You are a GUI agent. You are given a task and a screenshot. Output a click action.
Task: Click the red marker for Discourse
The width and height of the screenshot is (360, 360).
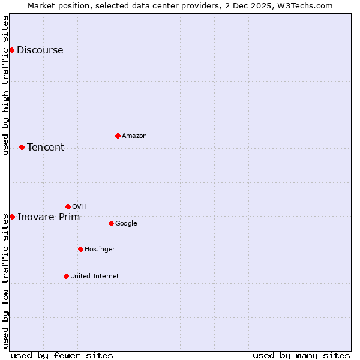coord(11,50)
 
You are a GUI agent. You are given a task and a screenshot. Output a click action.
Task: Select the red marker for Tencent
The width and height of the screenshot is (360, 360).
coord(22,147)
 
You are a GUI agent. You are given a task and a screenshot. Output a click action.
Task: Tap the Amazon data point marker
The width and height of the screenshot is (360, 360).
coord(118,136)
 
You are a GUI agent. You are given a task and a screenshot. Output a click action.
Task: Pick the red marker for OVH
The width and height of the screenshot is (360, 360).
coord(68,206)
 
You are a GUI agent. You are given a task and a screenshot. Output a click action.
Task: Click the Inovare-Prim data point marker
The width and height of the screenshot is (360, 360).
coord(12,217)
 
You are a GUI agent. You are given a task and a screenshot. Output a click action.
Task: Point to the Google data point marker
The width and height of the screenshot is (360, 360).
coord(111,223)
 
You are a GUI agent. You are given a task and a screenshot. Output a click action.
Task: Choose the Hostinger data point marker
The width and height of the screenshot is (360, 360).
coord(80,249)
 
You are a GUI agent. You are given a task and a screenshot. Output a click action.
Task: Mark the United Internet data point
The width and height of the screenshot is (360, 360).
coord(66,276)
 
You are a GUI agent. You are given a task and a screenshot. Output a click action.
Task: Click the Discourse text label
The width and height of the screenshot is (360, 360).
coord(40,50)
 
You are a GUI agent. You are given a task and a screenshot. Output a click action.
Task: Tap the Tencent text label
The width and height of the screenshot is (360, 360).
coord(46,147)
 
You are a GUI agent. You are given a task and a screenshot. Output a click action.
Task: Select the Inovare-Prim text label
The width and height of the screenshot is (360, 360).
coord(49,217)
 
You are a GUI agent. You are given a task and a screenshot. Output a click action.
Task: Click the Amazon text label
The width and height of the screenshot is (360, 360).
coord(134,136)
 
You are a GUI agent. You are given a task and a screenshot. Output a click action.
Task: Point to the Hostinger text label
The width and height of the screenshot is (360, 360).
coord(100,249)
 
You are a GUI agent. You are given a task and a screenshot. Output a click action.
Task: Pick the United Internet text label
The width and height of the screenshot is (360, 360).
coord(95,276)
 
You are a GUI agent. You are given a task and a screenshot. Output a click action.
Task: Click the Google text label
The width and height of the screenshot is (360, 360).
coord(126,223)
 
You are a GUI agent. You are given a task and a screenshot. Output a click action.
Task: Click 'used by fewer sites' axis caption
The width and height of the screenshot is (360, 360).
coord(62,355)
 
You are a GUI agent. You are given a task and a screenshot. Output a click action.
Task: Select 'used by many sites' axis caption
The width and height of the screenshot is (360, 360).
coord(301,355)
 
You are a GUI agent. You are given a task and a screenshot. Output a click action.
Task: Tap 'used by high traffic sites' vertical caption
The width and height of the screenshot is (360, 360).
coord(5,85)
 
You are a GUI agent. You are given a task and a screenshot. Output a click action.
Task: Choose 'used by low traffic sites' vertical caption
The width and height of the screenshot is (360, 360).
coord(5,280)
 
